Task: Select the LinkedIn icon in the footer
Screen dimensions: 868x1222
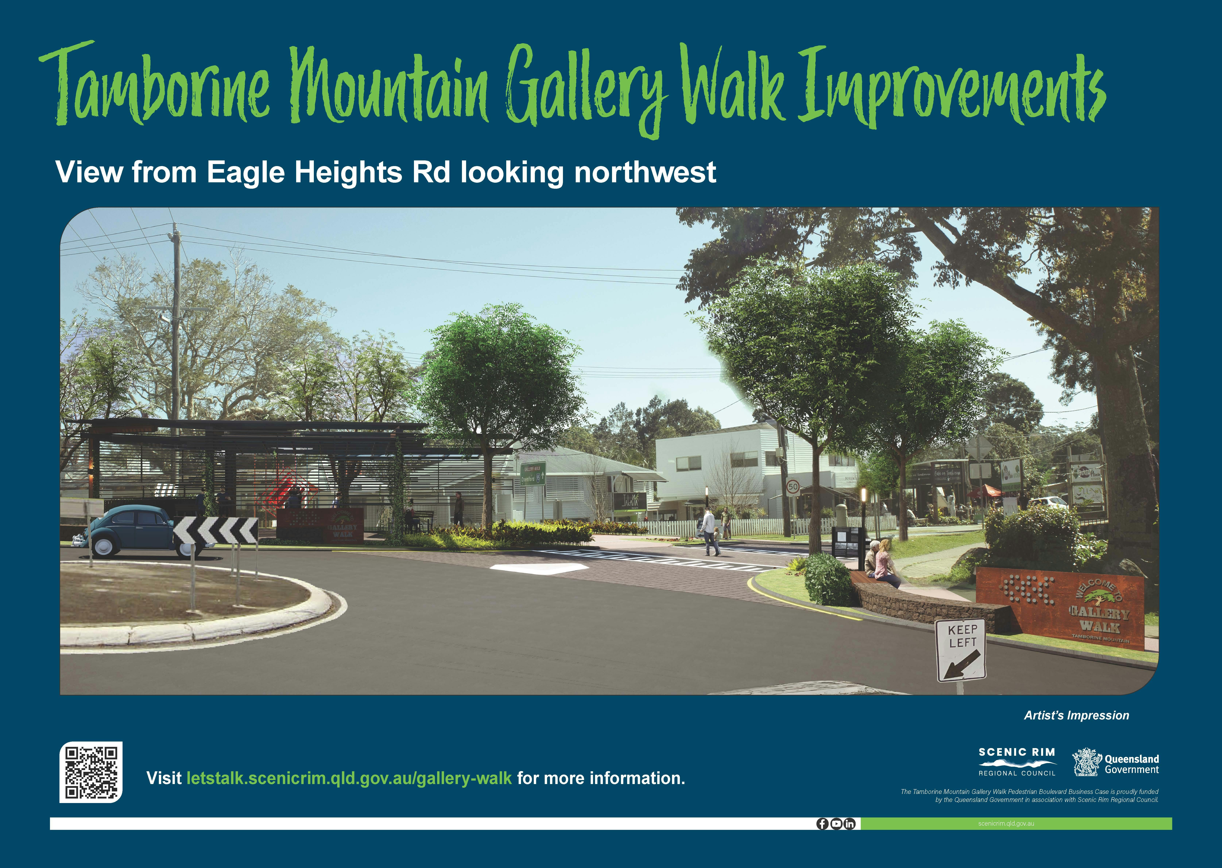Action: pos(849,824)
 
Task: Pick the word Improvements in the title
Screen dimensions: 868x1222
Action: pos(951,88)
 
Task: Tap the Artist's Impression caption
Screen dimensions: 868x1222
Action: pos(1076,715)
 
